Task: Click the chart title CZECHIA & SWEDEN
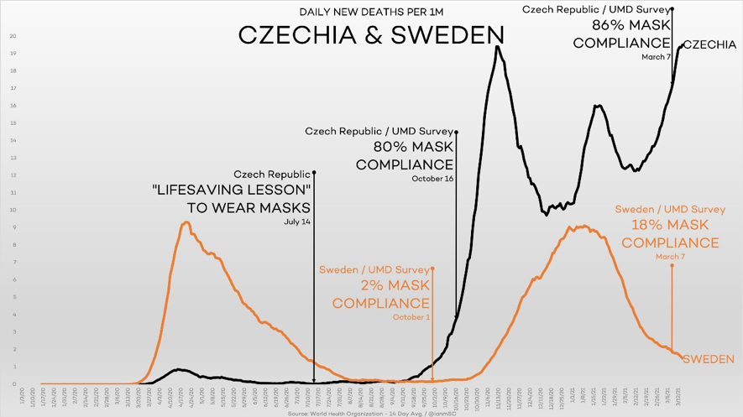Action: [x=370, y=34]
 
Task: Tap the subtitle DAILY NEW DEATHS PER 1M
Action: [x=370, y=12]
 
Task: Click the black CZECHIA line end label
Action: [x=709, y=44]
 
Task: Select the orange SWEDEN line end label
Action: [x=709, y=359]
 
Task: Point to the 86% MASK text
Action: [x=621, y=25]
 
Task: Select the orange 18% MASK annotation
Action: [x=670, y=225]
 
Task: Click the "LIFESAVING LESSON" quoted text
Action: [x=233, y=190]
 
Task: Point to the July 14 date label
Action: [x=298, y=222]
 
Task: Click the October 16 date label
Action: [x=432, y=179]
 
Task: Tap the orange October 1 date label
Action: [x=411, y=317]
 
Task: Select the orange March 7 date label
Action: [x=671, y=256]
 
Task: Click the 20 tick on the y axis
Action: [x=13, y=36]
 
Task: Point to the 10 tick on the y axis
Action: [x=13, y=210]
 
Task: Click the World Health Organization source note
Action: [x=358, y=413]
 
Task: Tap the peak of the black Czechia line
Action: [x=498, y=47]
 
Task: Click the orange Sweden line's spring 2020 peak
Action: [x=186, y=222]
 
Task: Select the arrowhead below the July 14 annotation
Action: [x=313, y=380]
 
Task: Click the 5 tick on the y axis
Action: [x=13, y=297]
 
